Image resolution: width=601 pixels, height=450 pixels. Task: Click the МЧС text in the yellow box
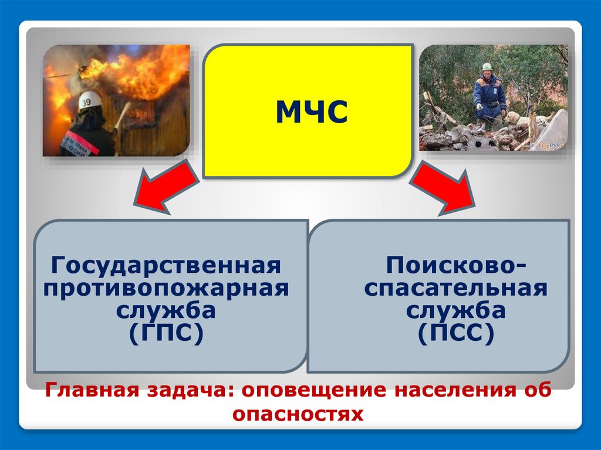[x=312, y=111]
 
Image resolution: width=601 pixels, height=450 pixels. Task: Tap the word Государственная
[x=166, y=265]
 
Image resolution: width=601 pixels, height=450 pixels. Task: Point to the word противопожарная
[x=166, y=288]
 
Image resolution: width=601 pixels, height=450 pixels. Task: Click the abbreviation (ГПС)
[x=166, y=333]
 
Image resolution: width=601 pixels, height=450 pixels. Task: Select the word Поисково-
[x=455, y=265]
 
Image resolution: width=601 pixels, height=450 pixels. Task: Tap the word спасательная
[x=455, y=288]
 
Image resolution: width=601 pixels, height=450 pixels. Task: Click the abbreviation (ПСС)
[x=455, y=333]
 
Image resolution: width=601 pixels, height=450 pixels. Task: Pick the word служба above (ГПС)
[x=166, y=310]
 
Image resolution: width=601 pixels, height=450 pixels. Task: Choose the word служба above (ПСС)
[x=455, y=310]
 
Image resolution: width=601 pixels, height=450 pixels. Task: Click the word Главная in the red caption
[x=92, y=390]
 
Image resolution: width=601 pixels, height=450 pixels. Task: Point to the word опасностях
[x=298, y=414]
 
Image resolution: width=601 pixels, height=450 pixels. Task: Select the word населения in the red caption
[x=454, y=390]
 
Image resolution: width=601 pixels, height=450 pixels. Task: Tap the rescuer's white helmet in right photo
[x=487, y=67]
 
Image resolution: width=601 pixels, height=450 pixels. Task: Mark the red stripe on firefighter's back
[x=80, y=142]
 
